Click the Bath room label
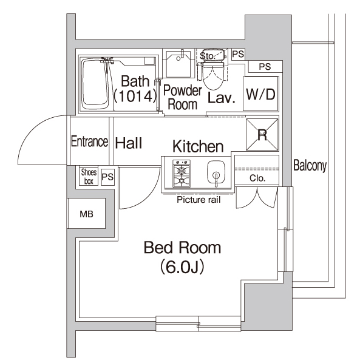coord(132,81)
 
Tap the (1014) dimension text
coord(132,95)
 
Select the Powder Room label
coord(182,97)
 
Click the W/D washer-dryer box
coord(261,94)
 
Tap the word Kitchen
coord(198,146)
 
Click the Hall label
coord(128,143)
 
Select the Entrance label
coord(89,141)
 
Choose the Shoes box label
coord(89,176)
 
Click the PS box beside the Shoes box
coord(107,177)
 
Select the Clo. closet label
coord(257,178)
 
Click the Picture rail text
coord(198,199)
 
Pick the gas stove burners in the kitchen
coord(180,175)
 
